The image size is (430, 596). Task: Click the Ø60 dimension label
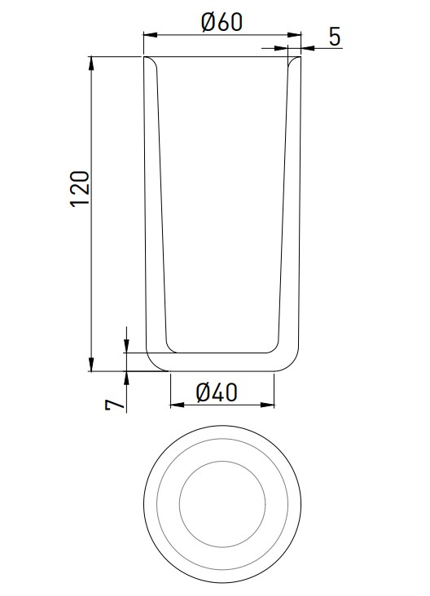222,23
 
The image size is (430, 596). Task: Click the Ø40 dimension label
217,392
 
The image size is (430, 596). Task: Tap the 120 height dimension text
81,189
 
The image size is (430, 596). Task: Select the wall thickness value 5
335,37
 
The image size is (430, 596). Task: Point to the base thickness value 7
115,405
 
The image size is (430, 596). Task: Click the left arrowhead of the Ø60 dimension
150,35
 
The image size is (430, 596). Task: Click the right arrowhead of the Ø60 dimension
294,35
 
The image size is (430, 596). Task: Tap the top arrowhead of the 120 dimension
91,63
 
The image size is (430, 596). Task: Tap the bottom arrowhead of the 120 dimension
91,364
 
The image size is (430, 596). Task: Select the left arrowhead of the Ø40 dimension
178,405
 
